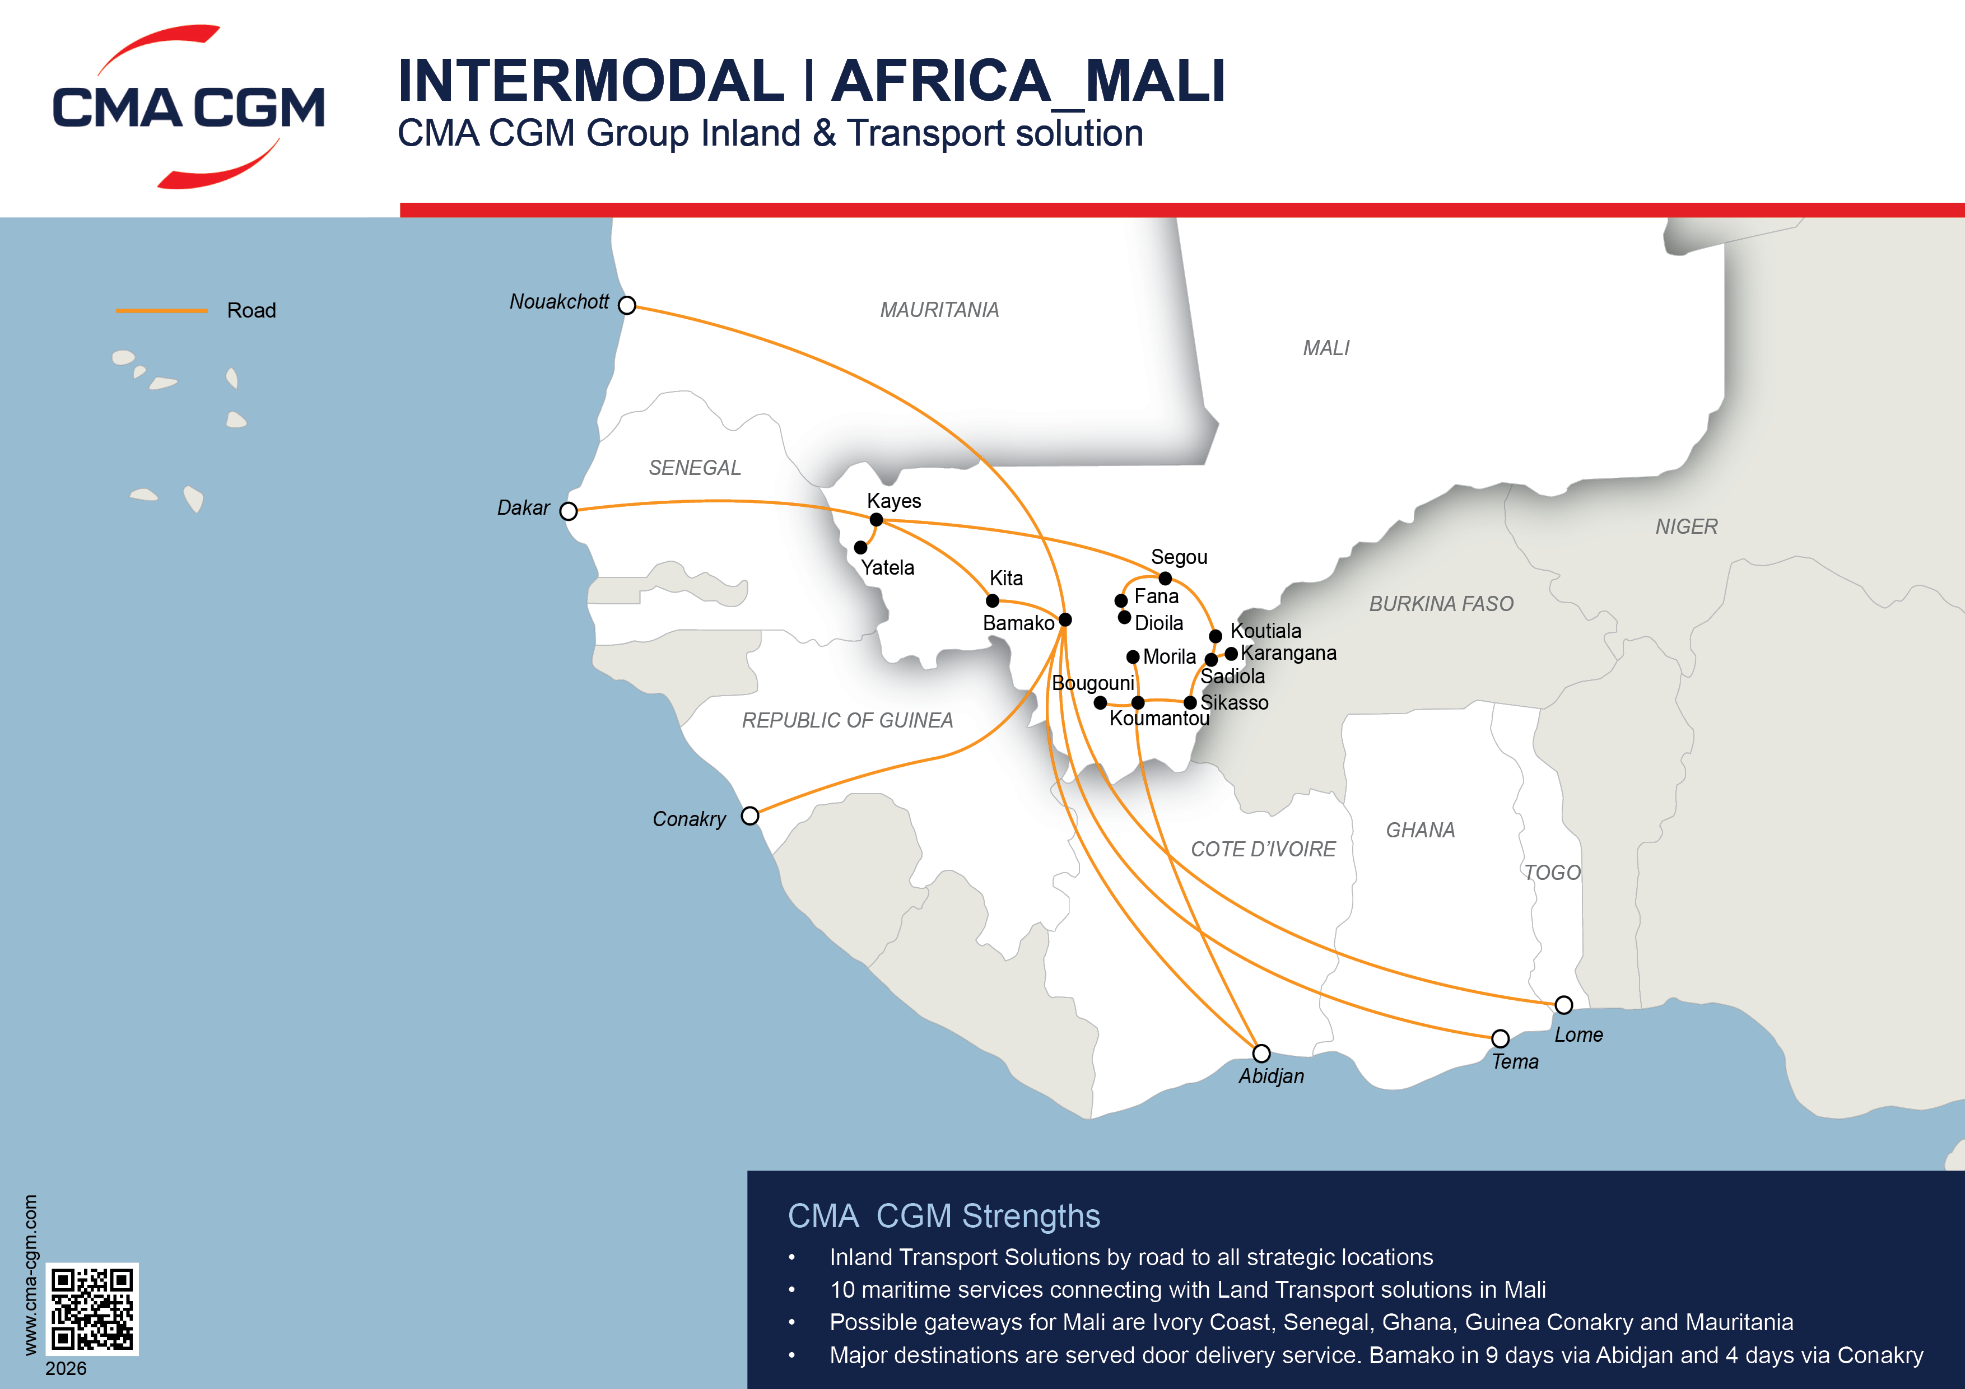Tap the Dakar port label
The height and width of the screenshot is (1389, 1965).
523,507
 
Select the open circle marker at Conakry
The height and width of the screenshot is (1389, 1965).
749,815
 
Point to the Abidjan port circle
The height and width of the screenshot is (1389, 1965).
1261,1052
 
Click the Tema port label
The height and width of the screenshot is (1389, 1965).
1515,1062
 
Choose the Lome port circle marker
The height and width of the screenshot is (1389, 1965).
1563,1005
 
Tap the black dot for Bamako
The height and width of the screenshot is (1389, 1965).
1065,619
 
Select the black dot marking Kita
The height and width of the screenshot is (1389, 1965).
993,601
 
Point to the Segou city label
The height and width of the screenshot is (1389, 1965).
1179,557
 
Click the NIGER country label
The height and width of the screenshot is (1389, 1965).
1686,526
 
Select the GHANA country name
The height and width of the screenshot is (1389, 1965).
1420,830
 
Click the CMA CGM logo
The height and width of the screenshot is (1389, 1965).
188,107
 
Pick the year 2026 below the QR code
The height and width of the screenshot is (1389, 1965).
66,1368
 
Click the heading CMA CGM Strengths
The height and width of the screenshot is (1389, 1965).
943,1216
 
